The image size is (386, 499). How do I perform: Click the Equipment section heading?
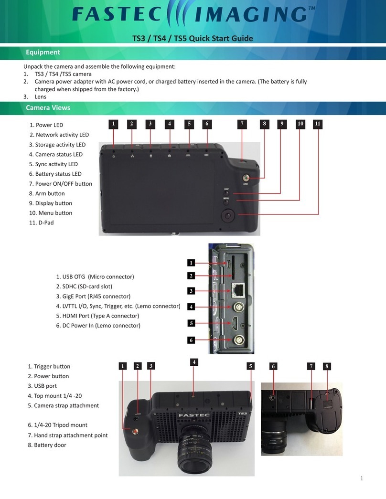point(43,52)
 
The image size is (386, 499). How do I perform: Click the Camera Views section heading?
point(48,107)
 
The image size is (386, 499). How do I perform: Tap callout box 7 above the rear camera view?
point(242,124)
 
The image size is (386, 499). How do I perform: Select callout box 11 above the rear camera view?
point(318,124)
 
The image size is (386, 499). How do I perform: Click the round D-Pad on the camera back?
point(228,216)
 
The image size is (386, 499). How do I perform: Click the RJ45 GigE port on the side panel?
point(238,289)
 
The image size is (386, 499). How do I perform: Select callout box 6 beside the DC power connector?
point(191,340)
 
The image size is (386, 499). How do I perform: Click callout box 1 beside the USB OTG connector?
point(191,263)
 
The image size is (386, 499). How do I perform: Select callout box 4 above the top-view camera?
point(194,362)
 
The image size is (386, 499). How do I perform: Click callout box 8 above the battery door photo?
point(327,366)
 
